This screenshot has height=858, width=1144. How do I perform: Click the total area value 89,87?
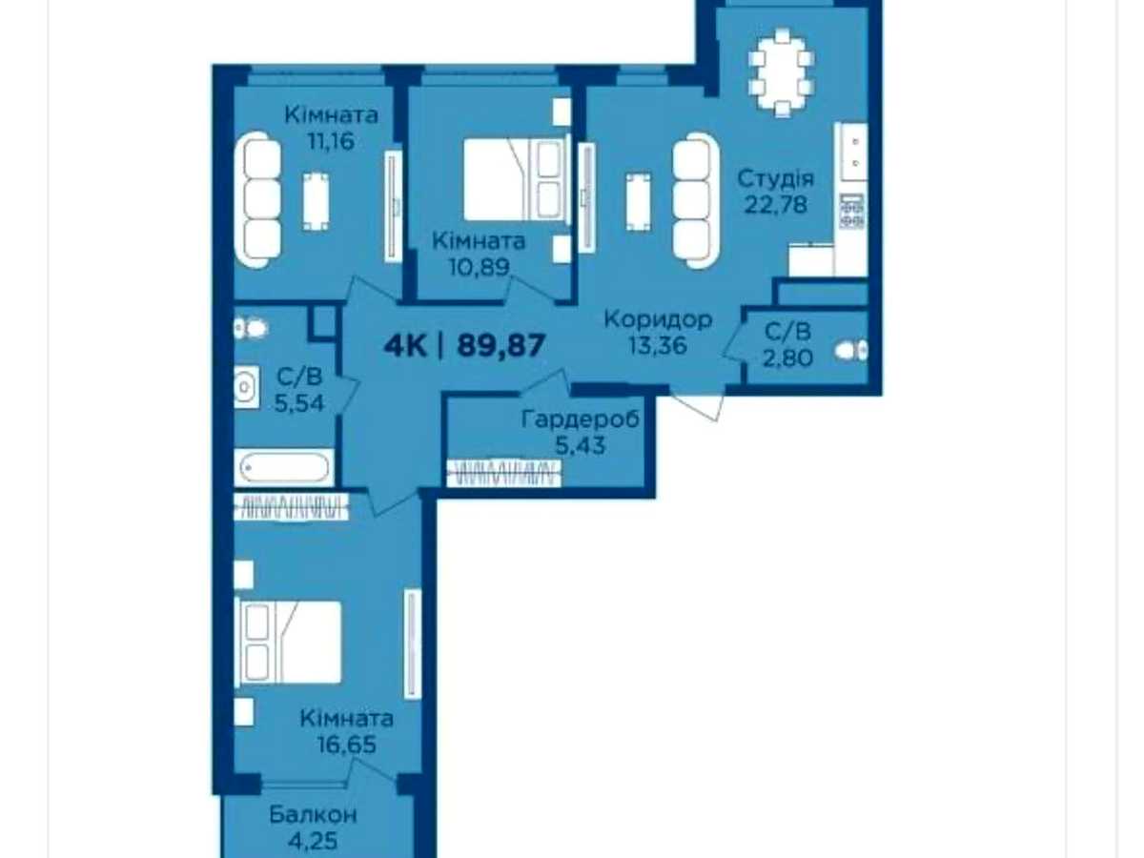click(x=500, y=345)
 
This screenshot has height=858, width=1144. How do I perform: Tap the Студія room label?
click(x=775, y=179)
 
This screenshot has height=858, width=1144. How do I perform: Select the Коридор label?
click(x=658, y=319)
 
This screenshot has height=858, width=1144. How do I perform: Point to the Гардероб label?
click(x=580, y=419)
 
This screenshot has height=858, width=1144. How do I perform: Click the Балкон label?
click(x=313, y=814)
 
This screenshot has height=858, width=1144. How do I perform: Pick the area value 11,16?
click(x=331, y=141)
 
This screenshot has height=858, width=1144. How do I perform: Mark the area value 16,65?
click(x=347, y=745)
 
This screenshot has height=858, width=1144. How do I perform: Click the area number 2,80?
click(x=787, y=357)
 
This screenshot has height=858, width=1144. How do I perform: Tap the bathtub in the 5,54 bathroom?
click(x=283, y=467)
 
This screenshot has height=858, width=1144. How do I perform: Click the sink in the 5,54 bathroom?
click(x=246, y=386)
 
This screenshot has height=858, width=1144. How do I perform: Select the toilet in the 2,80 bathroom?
click(x=850, y=350)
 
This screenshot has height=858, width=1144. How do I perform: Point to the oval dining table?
click(x=782, y=73)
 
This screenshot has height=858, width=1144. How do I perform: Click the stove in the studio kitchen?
click(x=851, y=211)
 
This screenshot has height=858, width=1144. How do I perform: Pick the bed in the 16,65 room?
click(x=289, y=642)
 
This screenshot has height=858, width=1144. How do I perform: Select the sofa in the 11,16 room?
click(x=258, y=199)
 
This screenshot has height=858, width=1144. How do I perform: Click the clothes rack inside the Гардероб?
click(x=503, y=473)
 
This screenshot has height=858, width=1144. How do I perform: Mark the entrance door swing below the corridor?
click(x=697, y=403)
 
